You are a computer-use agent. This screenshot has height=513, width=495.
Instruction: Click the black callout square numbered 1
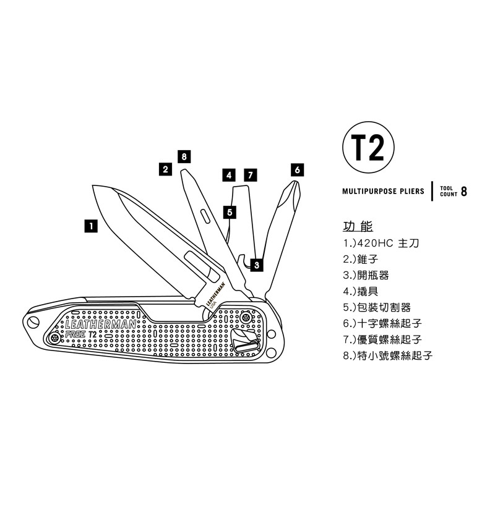(x=91, y=226)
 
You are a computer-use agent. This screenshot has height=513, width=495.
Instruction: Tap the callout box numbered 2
(x=165, y=169)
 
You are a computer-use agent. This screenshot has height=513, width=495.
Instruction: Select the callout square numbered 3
(x=257, y=265)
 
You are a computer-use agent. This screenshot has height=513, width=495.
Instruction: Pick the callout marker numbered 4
(x=229, y=175)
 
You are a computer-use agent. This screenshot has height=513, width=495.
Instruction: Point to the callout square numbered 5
(x=230, y=213)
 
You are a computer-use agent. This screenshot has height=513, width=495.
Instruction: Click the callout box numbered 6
(x=297, y=170)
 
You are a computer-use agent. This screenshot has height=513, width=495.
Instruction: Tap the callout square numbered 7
(x=251, y=175)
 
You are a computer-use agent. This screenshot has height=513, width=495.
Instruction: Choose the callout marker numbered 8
(x=184, y=157)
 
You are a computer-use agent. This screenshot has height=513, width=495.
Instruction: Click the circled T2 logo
(x=368, y=147)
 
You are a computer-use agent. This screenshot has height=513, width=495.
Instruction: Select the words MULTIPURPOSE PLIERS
(x=383, y=191)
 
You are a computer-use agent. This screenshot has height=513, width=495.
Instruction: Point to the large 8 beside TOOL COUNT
(x=463, y=192)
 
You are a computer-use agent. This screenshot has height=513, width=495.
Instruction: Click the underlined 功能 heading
(x=358, y=226)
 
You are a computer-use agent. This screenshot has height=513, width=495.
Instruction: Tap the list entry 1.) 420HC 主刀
(x=381, y=244)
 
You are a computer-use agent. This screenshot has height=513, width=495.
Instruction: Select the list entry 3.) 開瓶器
(x=366, y=276)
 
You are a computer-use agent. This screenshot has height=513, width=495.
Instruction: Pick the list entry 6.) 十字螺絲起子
(x=382, y=324)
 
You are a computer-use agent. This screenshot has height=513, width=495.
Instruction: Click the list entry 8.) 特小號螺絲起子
(x=388, y=355)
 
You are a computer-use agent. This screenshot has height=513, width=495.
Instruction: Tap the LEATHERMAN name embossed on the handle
(x=101, y=324)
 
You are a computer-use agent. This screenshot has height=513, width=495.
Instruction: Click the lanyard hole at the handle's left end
(x=33, y=322)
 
